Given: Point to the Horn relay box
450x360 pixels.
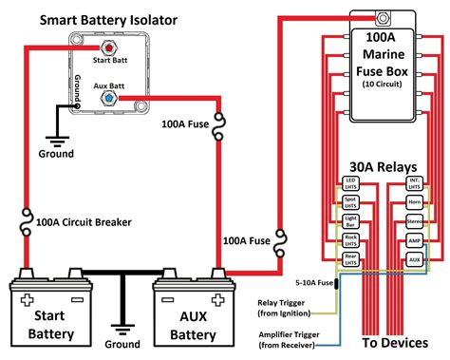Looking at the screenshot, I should (413, 201).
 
